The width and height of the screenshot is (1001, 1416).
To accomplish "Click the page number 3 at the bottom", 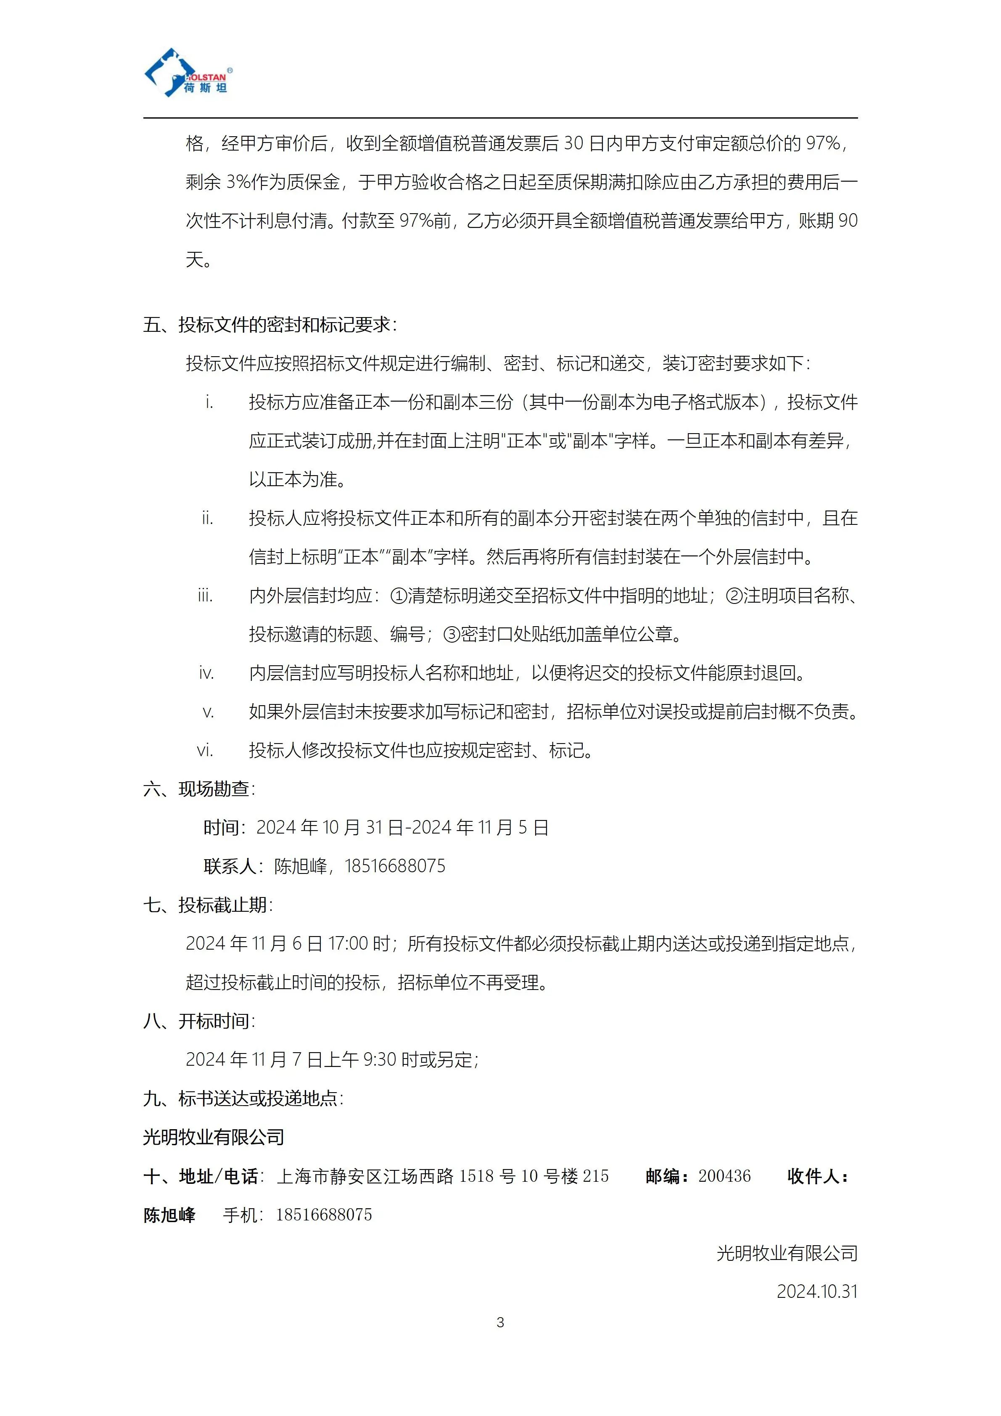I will click(x=500, y=1322).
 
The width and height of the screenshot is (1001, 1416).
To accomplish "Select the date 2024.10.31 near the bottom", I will click(x=817, y=1290).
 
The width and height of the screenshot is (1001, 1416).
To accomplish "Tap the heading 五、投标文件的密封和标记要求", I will click(x=270, y=325).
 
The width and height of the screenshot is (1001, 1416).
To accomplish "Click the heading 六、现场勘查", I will click(x=198, y=789).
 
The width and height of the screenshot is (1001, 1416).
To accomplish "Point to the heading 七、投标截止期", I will click(x=208, y=905).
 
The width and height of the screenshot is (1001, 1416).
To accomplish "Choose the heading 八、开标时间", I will click(x=198, y=1021).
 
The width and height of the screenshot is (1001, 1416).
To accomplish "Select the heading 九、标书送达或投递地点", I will click(x=243, y=1098).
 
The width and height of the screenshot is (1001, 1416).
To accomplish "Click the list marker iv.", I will click(x=206, y=673).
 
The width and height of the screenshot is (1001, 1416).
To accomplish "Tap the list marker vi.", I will click(x=205, y=751).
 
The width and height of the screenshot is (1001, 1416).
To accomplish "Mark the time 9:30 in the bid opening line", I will click(x=379, y=1059).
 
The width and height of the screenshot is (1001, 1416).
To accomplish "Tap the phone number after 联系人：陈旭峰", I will click(x=394, y=866).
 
